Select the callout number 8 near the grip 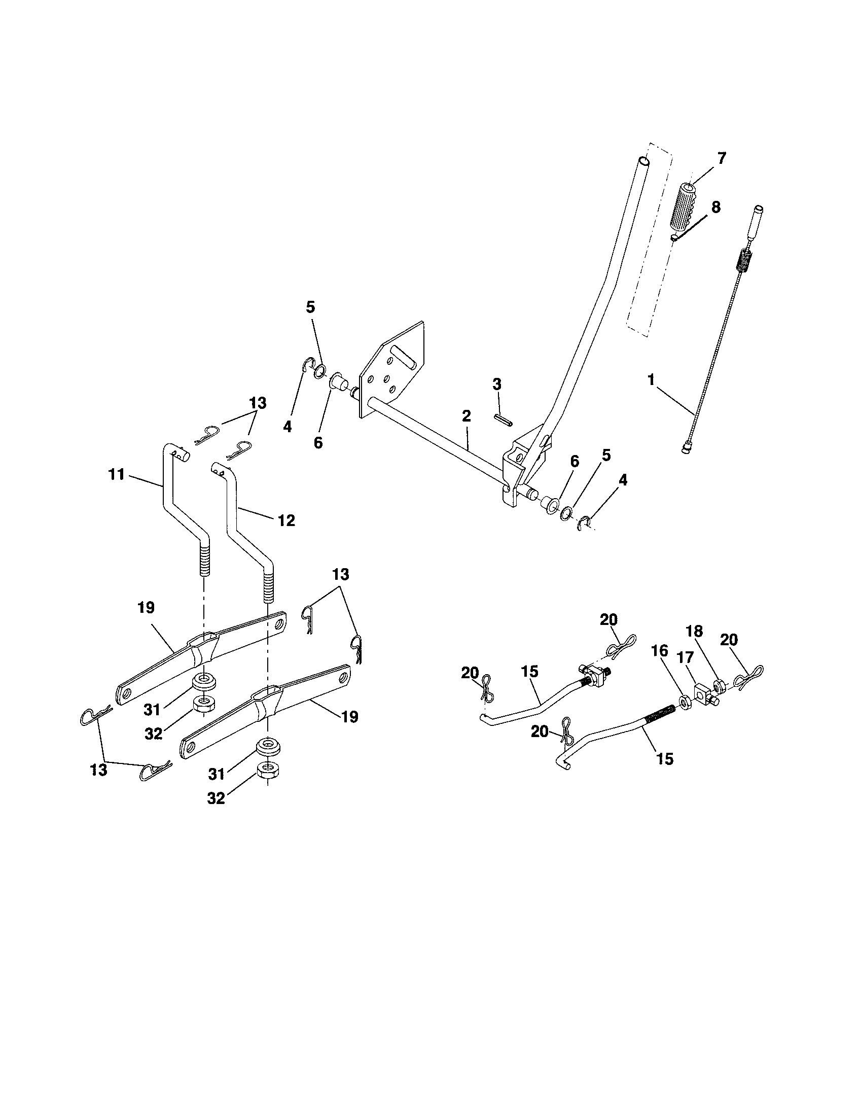(x=716, y=207)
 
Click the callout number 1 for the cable (x=651, y=379)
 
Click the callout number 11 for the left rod (x=117, y=475)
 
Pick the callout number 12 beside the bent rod (x=286, y=520)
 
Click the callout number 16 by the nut (x=660, y=651)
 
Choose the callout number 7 (x=721, y=158)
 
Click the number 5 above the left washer (x=310, y=307)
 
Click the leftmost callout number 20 (x=470, y=674)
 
